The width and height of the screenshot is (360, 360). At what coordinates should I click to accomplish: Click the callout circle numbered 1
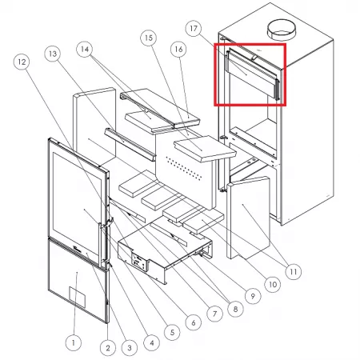point(74,342)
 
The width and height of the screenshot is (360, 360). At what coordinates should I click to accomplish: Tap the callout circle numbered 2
point(108,348)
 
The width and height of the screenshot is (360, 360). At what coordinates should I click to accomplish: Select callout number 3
point(130,348)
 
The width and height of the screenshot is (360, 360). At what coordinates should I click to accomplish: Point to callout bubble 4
point(151,342)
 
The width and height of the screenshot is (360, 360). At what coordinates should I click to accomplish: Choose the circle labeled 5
point(172,332)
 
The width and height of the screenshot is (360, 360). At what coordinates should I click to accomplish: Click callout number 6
point(194,322)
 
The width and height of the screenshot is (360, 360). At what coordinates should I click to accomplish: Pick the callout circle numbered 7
point(214,314)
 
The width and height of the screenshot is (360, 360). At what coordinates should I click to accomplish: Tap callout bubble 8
point(235,309)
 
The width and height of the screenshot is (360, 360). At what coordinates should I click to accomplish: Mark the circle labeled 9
point(253,295)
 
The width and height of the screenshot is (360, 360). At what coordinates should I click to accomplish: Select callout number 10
point(273,285)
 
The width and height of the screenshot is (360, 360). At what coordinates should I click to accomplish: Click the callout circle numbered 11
point(293,271)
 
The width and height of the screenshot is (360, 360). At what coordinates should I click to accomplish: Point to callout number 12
point(22,62)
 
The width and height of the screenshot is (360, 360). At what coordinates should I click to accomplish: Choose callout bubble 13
point(53,54)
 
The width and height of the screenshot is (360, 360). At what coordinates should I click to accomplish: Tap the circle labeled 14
point(85,49)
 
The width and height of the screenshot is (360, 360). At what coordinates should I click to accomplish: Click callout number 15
point(149,38)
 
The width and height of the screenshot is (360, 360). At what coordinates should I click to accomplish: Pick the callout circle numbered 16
point(178,49)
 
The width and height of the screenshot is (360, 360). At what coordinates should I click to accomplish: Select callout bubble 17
point(194,28)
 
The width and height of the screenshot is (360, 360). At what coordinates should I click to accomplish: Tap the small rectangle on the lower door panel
point(78,297)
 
